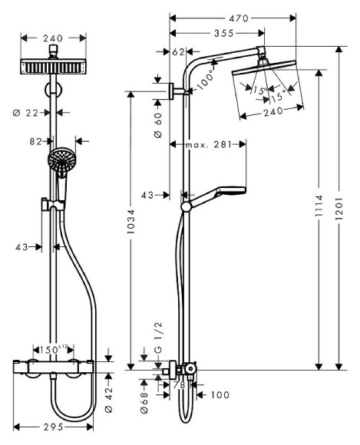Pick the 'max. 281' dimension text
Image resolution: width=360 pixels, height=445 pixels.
click(x=208, y=143)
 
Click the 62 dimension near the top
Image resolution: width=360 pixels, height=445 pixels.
click(x=177, y=52)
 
